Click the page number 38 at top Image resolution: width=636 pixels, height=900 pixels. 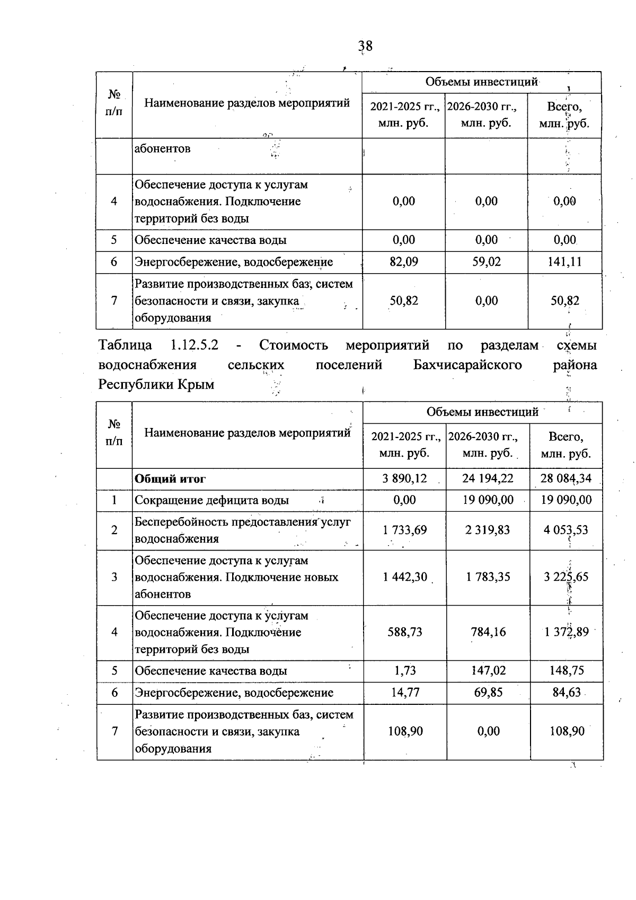(365, 47)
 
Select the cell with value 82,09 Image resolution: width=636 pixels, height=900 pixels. (404, 262)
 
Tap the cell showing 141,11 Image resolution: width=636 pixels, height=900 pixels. (564, 262)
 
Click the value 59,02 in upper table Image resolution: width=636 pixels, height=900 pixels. (486, 262)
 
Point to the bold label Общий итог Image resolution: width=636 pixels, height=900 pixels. (170, 479)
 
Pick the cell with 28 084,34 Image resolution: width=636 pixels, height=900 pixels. (566, 478)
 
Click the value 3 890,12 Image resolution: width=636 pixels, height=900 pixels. (405, 478)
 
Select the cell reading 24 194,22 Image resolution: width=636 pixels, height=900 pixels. (488, 478)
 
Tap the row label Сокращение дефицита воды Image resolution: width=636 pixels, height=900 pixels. (211, 500)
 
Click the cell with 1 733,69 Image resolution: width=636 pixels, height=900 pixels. (405, 530)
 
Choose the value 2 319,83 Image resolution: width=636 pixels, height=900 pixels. (488, 530)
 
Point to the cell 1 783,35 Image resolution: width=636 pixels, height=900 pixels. (488, 577)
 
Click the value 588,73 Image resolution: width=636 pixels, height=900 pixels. (405, 632)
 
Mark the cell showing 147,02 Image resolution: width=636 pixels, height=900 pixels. (488, 671)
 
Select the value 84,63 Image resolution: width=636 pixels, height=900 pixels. (566, 693)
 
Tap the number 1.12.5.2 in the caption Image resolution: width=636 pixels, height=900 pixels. (195, 345)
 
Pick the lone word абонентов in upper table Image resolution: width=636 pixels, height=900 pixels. (162, 149)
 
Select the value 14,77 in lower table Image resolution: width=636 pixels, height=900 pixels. (405, 693)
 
